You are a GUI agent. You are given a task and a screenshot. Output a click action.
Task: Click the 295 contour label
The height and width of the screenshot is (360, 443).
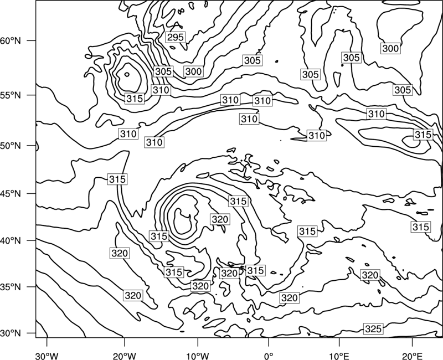coord(176,37)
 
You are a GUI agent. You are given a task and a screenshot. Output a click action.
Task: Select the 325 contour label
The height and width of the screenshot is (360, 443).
coord(373,328)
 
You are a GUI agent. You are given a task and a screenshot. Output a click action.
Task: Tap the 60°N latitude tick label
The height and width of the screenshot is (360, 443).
coord(11,40)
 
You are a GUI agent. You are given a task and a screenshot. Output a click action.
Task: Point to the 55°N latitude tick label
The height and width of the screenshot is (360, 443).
coord(11,95)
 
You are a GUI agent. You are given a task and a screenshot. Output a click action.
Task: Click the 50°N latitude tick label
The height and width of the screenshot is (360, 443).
coord(11,146)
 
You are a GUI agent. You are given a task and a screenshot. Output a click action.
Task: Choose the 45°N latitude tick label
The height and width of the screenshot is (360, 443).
coord(11,193)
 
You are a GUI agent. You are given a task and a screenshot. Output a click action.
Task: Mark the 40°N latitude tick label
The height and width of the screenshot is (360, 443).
coord(11,241)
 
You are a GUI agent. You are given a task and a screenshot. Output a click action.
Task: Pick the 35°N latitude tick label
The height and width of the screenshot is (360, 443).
coord(11,287)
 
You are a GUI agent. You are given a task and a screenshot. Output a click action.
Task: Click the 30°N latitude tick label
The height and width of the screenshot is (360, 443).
coord(11,333)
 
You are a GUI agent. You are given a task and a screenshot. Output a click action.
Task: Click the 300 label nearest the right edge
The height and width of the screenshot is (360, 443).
coord(390,49)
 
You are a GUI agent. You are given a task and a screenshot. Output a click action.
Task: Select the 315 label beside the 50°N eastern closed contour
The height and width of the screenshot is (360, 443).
coord(423,135)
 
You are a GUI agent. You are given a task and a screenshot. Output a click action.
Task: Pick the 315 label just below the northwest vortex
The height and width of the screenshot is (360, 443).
coord(135,99)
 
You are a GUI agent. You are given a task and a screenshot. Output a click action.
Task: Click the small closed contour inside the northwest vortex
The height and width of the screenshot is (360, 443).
coord(127,74)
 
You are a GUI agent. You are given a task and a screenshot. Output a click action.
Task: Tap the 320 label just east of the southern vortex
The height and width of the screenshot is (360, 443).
coord(220,219)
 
